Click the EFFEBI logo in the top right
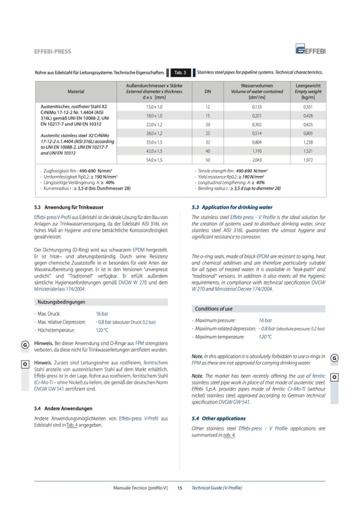pos(311,51)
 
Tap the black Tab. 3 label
pos(179,72)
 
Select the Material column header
pos(76,91)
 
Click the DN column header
pos(208,91)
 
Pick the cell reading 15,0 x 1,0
pos(155,106)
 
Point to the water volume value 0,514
pos(257,133)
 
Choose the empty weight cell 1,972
pos(307,160)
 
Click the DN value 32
pos(208,142)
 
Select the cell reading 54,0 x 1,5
pos(155,160)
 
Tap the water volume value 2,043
pos(257,160)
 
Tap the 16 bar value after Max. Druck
pos(101,314)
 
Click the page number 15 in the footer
pos(179,487)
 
